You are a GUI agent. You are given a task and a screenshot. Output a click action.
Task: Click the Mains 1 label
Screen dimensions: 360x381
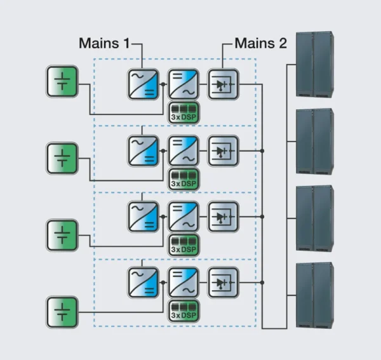tap(104, 44)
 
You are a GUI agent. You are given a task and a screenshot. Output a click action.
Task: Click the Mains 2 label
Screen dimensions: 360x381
tap(260, 44)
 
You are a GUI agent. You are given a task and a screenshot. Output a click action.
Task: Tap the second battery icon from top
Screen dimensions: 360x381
tap(62, 158)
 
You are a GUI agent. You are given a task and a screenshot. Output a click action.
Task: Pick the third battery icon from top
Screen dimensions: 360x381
tap(62, 234)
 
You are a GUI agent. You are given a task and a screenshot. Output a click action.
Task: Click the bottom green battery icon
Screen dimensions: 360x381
tap(62, 311)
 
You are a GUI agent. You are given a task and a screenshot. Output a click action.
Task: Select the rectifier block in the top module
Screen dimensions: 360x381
tap(144, 84)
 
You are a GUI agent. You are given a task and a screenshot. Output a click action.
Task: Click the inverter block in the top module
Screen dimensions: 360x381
tap(183, 84)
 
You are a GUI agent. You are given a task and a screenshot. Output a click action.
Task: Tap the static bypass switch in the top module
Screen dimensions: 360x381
tap(223, 84)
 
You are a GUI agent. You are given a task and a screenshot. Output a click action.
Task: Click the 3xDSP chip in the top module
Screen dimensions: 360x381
tap(184, 112)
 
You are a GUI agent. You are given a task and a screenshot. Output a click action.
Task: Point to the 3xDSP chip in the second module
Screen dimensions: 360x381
tap(184, 179)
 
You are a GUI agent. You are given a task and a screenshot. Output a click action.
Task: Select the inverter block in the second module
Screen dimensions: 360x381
tap(183, 150)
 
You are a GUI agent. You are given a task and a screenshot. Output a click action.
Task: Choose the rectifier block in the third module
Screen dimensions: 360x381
tap(144, 216)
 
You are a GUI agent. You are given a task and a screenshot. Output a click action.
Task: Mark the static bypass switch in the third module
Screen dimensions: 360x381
tap(223, 216)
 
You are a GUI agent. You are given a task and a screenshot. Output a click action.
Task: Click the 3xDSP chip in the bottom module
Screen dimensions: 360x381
tap(184, 311)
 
